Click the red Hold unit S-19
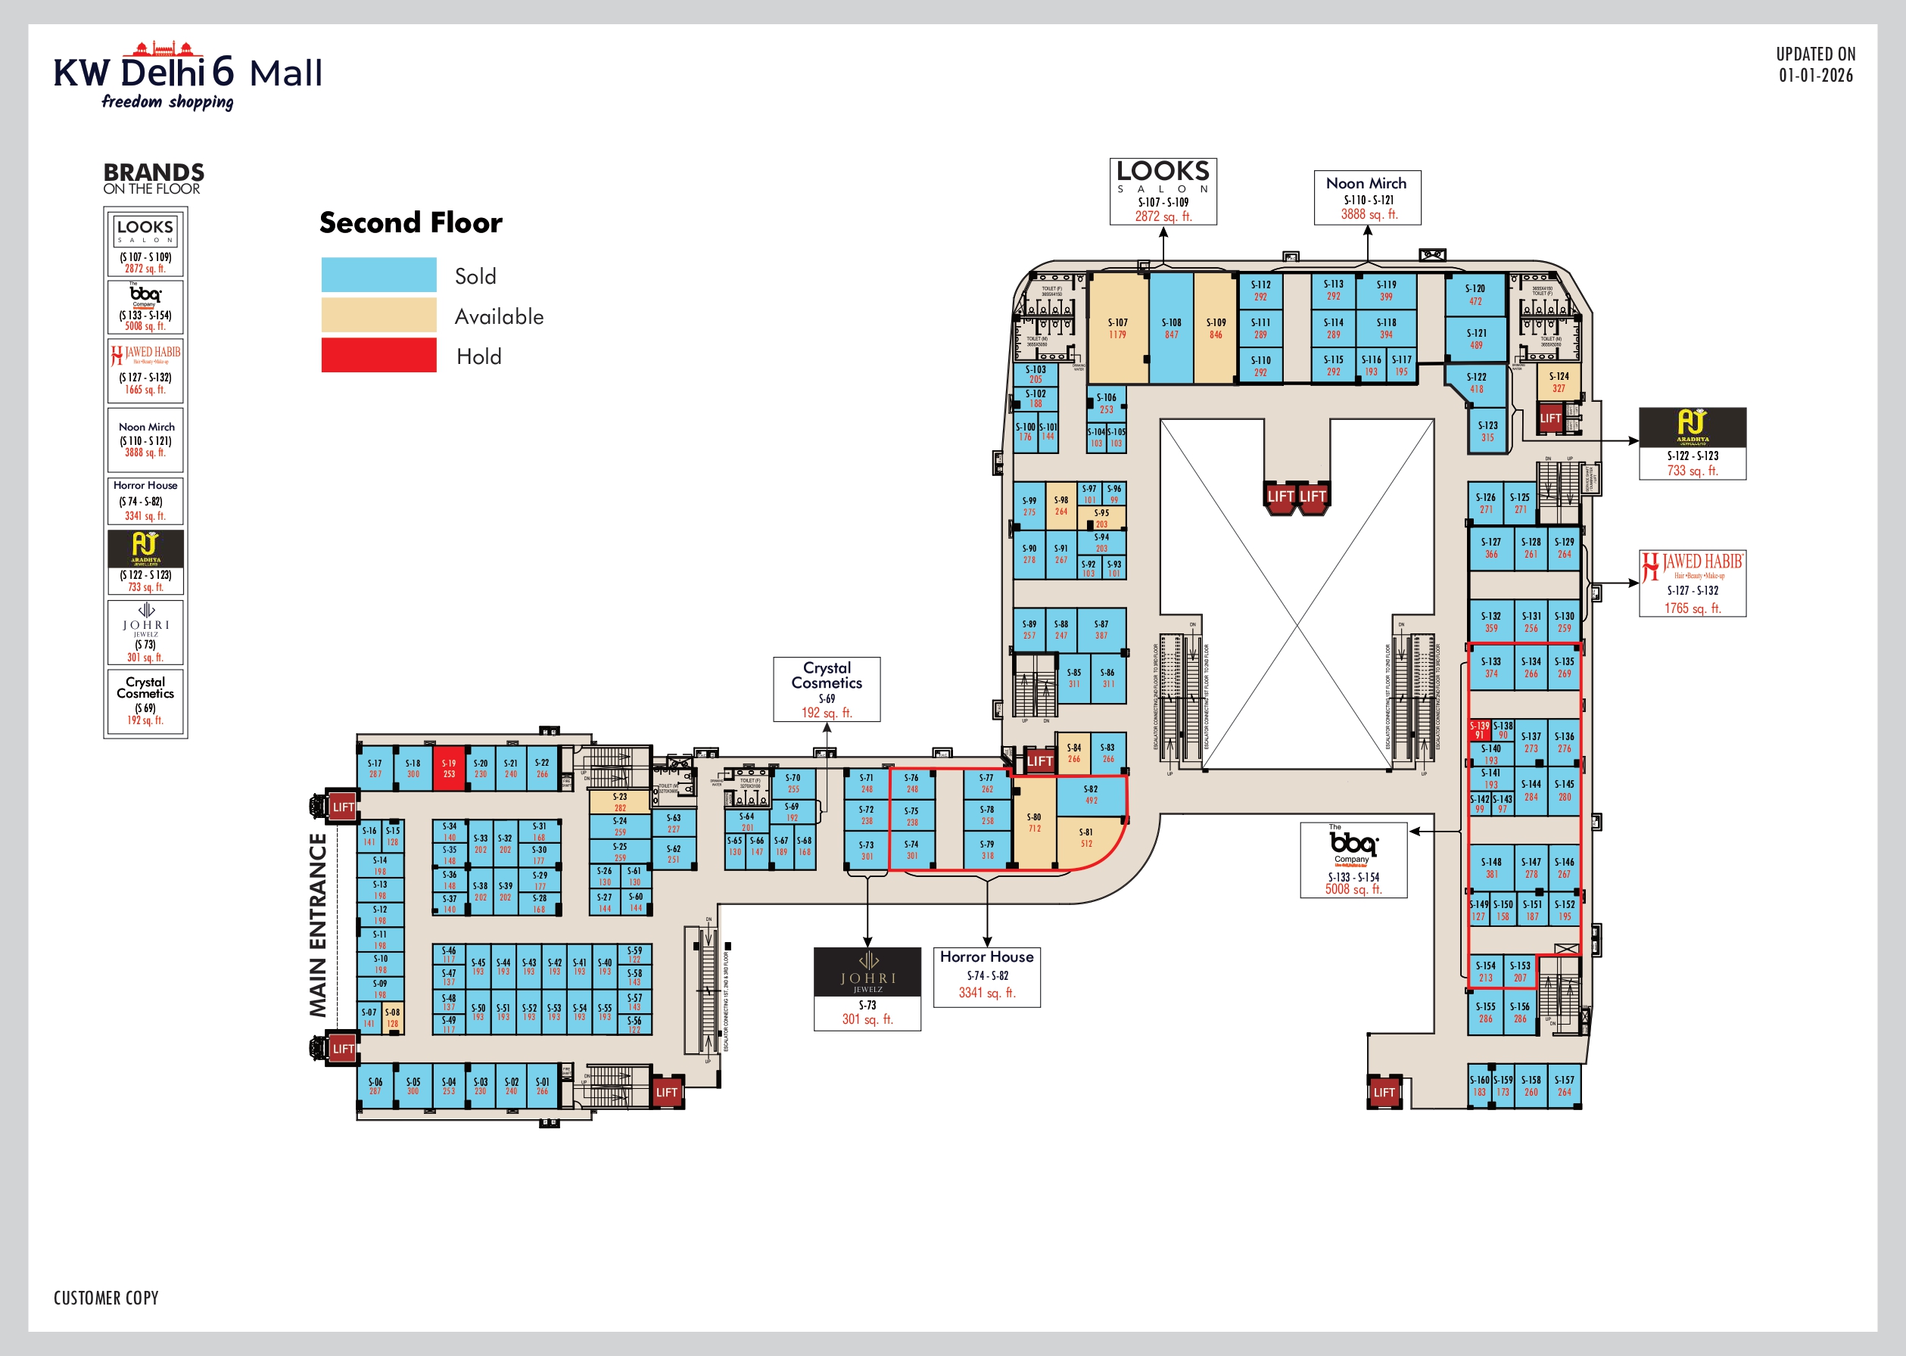449,768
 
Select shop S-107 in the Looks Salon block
1117,329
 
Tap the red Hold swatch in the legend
378,355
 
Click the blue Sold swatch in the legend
378,275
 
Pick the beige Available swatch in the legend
378,315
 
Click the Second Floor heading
411,223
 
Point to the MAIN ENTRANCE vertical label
318,925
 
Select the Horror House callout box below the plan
986,977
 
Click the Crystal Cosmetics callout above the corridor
826,689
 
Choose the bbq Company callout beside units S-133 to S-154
1353,860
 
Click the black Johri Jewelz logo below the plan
867,972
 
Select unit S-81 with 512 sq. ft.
1085,838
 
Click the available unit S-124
1559,381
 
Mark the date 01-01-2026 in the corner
1816,75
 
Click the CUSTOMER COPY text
106,1298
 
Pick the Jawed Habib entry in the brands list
145,371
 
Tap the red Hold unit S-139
1479,729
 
